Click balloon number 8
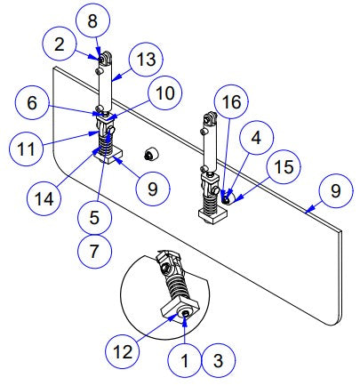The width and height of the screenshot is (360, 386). pyautogui.click(x=92, y=20)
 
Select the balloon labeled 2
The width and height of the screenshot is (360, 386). pyautogui.click(x=60, y=44)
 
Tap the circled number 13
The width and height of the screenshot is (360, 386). pyautogui.click(x=147, y=59)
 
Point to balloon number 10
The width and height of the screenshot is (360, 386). pyautogui.click(x=165, y=93)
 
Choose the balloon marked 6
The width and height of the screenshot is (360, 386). pyautogui.click(x=32, y=102)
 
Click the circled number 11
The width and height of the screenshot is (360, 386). pyautogui.click(x=26, y=149)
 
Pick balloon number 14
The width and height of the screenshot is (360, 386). pyautogui.click(x=44, y=198)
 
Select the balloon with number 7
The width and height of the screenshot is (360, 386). pyautogui.click(x=94, y=251)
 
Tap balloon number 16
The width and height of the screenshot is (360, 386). pyautogui.click(x=231, y=101)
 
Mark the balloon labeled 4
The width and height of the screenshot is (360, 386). pyautogui.click(x=257, y=137)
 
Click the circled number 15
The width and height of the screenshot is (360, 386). pyautogui.click(x=284, y=166)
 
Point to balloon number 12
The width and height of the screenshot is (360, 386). pyautogui.click(x=123, y=352)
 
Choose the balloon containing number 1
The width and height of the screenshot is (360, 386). pyautogui.click(x=185, y=360)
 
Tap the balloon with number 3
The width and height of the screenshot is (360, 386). pyautogui.click(x=219, y=360)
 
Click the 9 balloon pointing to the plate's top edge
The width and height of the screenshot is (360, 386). pyautogui.click(x=336, y=190)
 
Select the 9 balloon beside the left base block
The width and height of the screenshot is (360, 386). pyautogui.click(x=153, y=189)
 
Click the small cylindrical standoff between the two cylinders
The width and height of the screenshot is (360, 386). pyautogui.click(x=151, y=154)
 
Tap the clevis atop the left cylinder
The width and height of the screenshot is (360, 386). pyautogui.click(x=105, y=58)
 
